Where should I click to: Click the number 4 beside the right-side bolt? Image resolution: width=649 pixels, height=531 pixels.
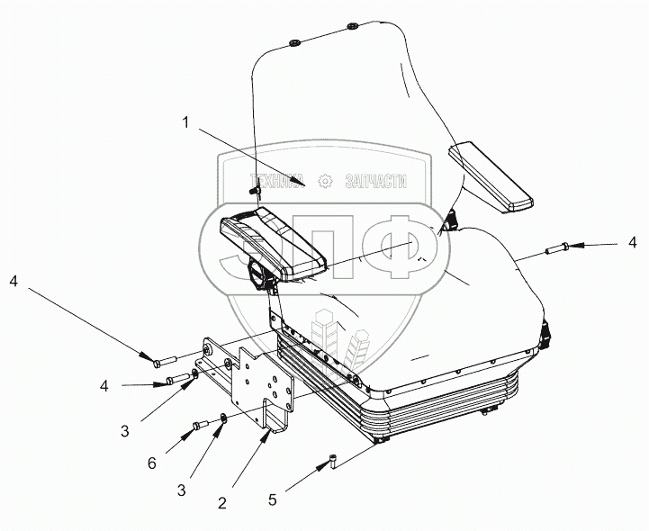coord(632,242)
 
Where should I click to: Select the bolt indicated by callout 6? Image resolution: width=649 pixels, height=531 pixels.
coord(200,426)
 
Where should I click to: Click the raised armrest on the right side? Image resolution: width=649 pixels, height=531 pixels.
coord(491,176)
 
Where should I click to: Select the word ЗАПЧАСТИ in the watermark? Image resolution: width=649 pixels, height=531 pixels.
coord(375,181)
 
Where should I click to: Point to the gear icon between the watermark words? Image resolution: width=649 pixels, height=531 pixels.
coord(324,181)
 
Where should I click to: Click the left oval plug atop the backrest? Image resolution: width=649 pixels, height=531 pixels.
coord(294,42)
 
